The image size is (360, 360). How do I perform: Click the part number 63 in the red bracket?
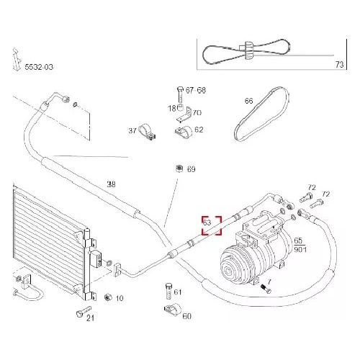click(x=207, y=222)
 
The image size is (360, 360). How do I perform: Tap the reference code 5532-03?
click(x=39, y=67)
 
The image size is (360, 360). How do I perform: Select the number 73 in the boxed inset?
click(x=339, y=64)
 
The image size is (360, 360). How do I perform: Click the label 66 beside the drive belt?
click(x=249, y=101)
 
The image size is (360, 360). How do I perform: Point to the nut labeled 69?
click(x=179, y=168)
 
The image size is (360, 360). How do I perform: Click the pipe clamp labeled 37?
click(x=147, y=132)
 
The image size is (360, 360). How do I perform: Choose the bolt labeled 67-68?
click(x=181, y=95)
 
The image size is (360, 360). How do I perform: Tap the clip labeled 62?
click(x=184, y=132)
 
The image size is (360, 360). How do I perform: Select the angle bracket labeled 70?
click(x=184, y=114)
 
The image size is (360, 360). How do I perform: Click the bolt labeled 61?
click(x=169, y=291)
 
